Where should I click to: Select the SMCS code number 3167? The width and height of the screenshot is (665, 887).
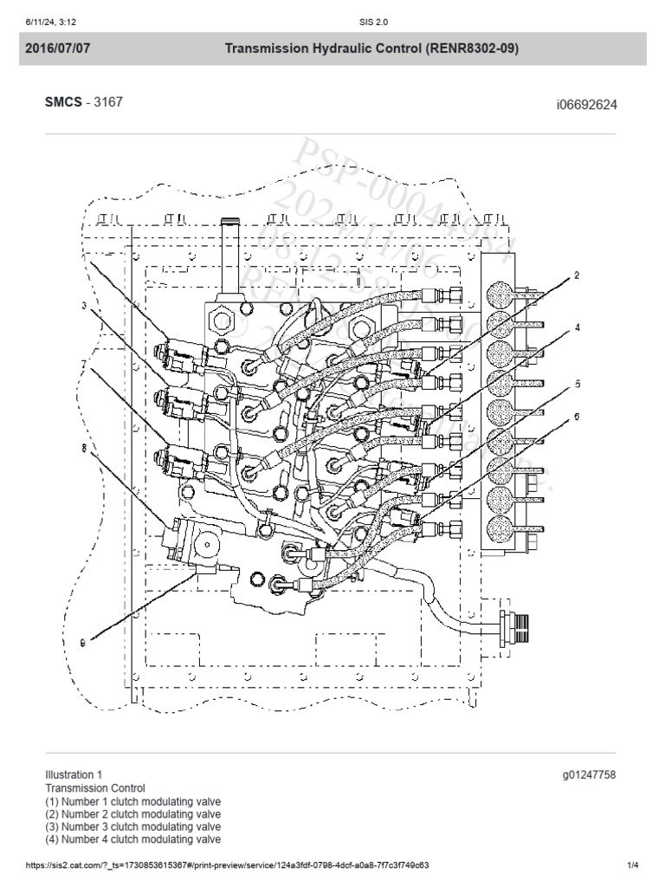[x=108, y=102]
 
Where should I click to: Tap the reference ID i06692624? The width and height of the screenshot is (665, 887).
[x=586, y=105]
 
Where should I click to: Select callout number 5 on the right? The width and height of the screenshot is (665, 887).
[x=576, y=382]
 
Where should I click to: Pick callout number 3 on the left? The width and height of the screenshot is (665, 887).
[x=84, y=306]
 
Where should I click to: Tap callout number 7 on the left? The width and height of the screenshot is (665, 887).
[x=83, y=363]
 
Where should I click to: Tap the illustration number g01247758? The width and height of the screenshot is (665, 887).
[x=589, y=774]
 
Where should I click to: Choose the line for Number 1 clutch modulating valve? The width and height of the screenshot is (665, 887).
[x=132, y=801]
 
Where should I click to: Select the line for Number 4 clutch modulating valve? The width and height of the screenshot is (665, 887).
[x=132, y=838]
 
